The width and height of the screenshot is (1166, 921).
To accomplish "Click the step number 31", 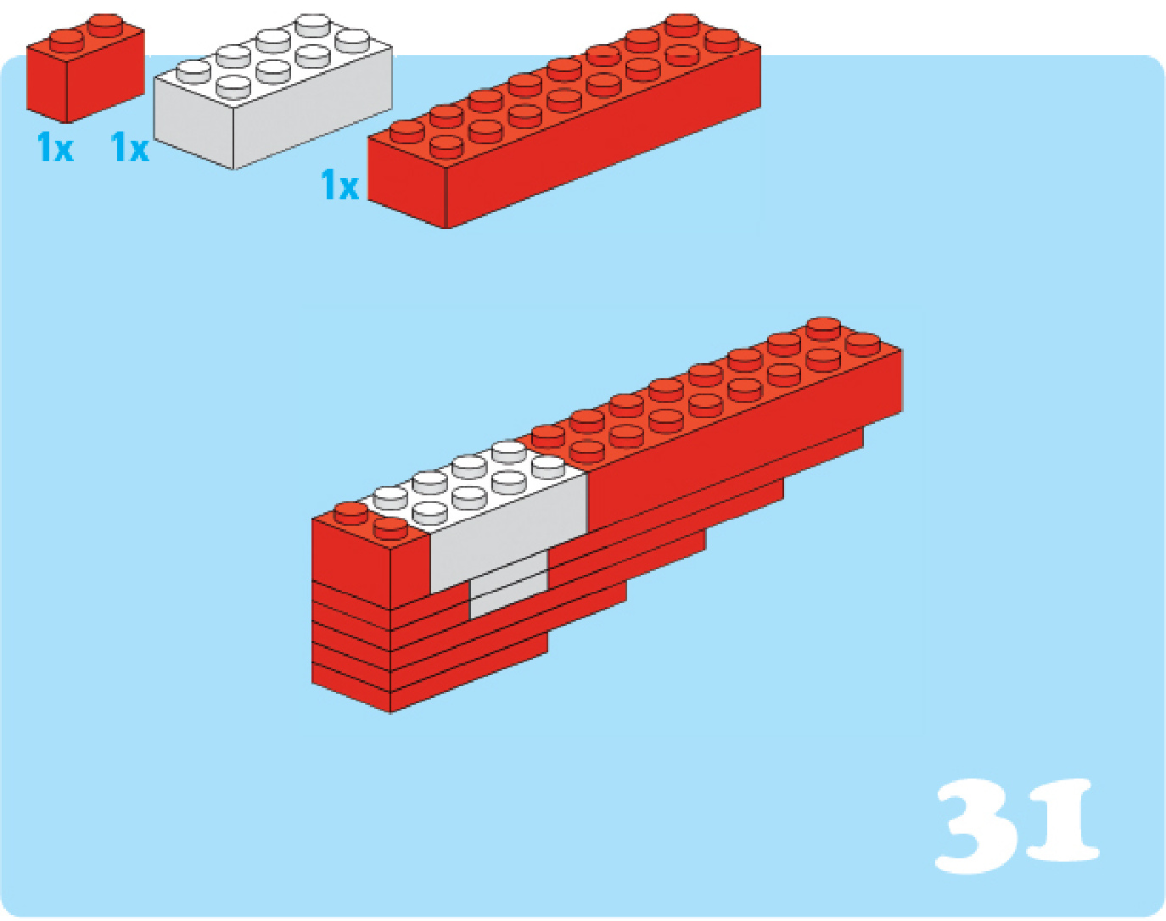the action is pyautogui.click(x=1017, y=825).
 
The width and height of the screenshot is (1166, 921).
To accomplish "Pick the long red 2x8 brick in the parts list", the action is pyautogui.click(x=564, y=122).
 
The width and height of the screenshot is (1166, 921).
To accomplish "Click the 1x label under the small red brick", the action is pyautogui.click(x=54, y=147).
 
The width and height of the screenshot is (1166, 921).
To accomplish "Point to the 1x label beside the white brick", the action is pyautogui.click(x=130, y=147).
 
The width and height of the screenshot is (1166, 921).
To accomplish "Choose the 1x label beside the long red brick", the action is pyautogui.click(x=339, y=184).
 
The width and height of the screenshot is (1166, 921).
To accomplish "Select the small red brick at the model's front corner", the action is pyautogui.click(x=368, y=558).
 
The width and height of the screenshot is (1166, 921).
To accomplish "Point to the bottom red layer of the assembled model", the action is pyautogui.click(x=428, y=682).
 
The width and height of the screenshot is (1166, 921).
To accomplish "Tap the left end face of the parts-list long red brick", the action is pyautogui.click(x=406, y=182).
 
